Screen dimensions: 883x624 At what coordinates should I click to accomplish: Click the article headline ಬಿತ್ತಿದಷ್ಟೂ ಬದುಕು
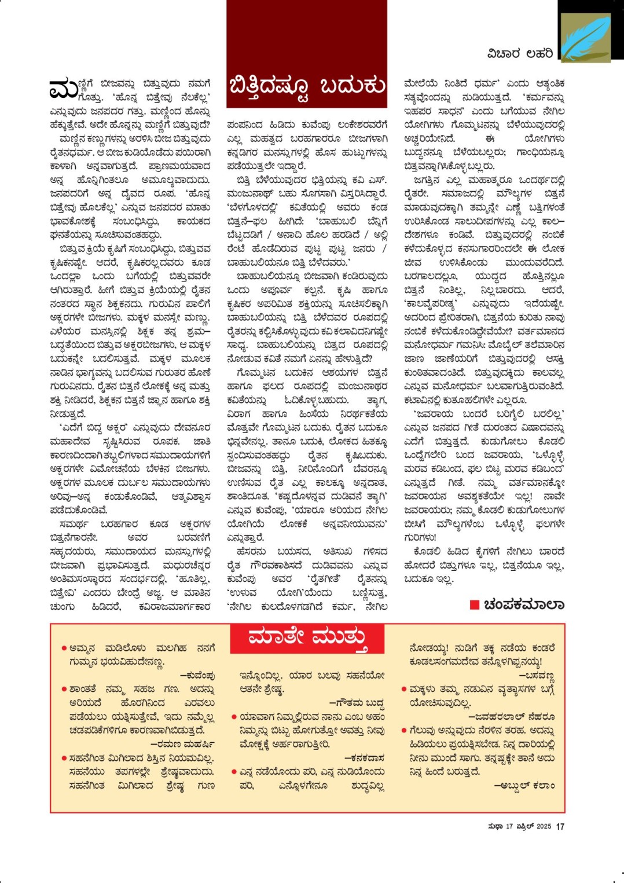[x=307, y=86]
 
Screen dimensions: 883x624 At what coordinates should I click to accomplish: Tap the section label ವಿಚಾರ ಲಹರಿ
[x=520, y=54]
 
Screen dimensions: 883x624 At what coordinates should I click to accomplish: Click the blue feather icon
[x=585, y=38]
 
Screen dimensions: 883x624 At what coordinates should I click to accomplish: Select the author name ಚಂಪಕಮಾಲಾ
[x=524, y=605]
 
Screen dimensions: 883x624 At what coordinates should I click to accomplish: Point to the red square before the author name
[x=474, y=605]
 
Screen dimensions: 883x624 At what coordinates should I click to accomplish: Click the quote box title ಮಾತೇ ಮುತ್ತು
[x=307, y=638]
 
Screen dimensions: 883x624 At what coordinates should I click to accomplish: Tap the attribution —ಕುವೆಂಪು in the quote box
[x=197, y=675]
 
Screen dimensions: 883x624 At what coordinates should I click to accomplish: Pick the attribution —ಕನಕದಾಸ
[x=365, y=758]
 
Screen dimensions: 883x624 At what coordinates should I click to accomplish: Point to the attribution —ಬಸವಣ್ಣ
[x=537, y=675]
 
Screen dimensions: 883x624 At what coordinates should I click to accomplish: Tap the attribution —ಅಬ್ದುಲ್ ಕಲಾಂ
[x=524, y=786]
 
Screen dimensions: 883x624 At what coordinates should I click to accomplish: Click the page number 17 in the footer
[x=560, y=827]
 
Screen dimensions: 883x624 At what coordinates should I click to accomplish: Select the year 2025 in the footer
[x=544, y=827]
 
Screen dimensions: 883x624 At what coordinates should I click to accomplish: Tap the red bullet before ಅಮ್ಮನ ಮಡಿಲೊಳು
[x=64, y=648]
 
